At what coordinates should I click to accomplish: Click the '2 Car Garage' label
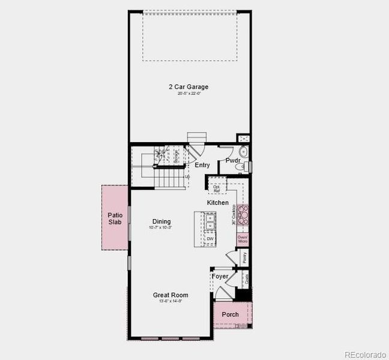[x=188, y=86]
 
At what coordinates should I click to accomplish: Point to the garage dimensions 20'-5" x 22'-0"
[x=188, y=94]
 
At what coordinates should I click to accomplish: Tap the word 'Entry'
[x=202, y=164]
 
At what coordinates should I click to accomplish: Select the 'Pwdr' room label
[x=233, y=160]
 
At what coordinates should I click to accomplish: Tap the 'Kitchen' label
[x=218, y=203]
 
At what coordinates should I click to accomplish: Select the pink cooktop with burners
[x=243, y=214]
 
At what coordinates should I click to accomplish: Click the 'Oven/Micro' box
[x=243, y=238]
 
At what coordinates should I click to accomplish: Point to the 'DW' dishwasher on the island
[x=210, y=239]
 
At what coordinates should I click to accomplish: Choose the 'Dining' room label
[x=161, y=221]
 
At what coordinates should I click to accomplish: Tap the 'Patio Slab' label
[x=115, y=218]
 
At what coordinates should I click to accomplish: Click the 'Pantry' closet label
[x=245, y=257]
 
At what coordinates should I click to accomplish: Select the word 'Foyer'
[x=220, y=277]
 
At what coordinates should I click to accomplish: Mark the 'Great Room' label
[x=170, y=295]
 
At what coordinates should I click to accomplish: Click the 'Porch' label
[x=230, y=314]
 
